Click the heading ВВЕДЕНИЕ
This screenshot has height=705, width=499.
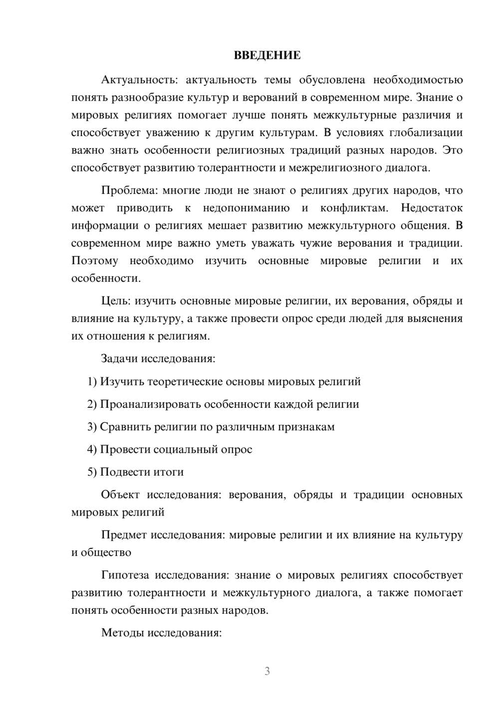[x=267, y=55]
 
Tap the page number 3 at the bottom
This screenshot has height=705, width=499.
[x=267, y=671]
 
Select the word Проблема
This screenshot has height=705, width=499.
[x=125, y=190]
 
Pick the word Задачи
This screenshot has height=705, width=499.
[x=120, y=358]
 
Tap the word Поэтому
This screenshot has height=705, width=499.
[x=95, y=261]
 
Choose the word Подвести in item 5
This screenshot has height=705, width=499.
[x=123, y=472]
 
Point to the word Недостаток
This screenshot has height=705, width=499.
[x=432, y=208]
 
